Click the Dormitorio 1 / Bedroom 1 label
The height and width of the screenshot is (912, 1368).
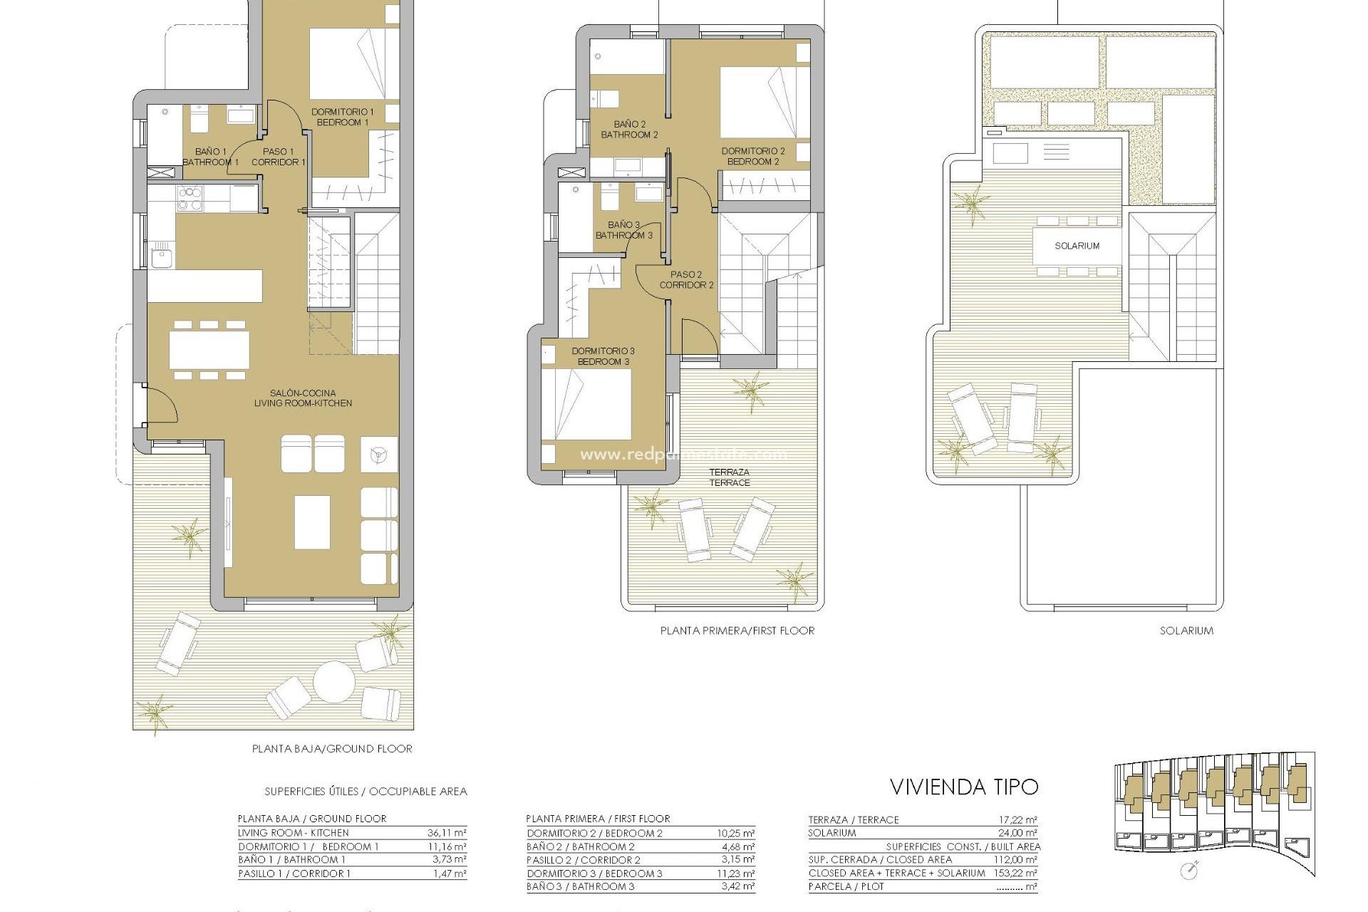click(342, 117)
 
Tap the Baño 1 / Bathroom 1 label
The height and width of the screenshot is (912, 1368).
click(210, 157)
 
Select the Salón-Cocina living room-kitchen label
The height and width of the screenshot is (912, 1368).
click(303, 398)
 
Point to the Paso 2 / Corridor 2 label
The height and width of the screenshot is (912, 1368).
click(686, 279)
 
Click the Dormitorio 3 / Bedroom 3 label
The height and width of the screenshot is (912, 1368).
click(603, 356)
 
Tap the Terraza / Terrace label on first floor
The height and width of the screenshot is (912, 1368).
click(729, 477)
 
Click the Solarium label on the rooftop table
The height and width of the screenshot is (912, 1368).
click(1077, 246)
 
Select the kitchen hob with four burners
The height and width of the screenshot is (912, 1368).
click(190, 199)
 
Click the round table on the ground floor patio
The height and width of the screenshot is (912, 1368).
click(333, 682)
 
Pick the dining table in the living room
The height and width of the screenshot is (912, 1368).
click(209, 351)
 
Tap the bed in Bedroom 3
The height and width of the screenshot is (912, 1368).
click(586, 404)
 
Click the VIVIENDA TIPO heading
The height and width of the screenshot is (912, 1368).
click(963, 787)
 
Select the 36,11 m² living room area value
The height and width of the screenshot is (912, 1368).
click(449, 833)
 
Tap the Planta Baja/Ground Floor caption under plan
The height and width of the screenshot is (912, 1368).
click(332, 749)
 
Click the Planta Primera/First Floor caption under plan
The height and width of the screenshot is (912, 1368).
click(737, 631)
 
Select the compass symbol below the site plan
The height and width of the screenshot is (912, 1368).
click(1188, 870)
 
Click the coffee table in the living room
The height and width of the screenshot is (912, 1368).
click(312, 522)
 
